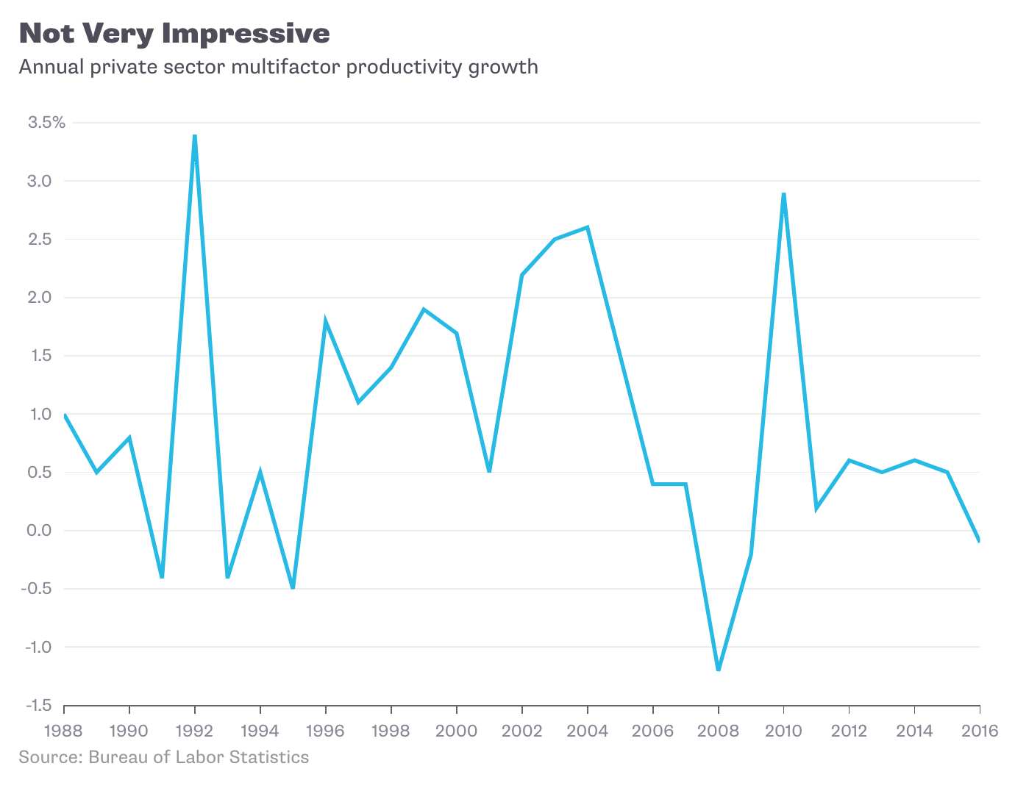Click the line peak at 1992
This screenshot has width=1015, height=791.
(195, 136)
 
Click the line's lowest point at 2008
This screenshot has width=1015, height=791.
(719, 669)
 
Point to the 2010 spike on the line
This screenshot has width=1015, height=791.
(784, 194)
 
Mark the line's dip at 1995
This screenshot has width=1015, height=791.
(293, 587)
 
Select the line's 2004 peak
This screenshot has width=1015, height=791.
(588, 228)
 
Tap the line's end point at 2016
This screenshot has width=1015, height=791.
(979, 541)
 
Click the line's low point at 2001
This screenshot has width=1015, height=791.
(489, 470)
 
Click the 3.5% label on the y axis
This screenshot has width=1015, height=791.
(46, 123)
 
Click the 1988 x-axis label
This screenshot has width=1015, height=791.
(64, 731)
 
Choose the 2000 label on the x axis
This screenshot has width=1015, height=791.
(457, 731)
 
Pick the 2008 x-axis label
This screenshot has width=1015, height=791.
(719, 731)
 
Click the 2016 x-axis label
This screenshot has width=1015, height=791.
(980, 731)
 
